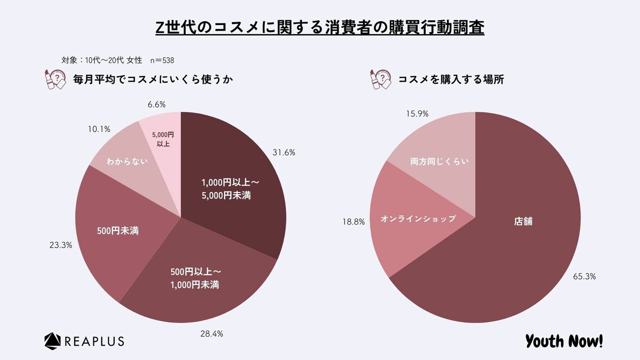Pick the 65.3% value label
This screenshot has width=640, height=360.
(586, 276)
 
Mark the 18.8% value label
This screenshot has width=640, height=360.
(354, 222)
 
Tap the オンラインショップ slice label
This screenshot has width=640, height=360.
(418, 219)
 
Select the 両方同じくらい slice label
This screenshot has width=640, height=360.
(439, 161)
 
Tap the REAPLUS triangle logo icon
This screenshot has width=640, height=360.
(53, 340)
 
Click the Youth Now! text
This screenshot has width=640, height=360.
(564, 340)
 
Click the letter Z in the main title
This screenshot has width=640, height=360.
(160, 28)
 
